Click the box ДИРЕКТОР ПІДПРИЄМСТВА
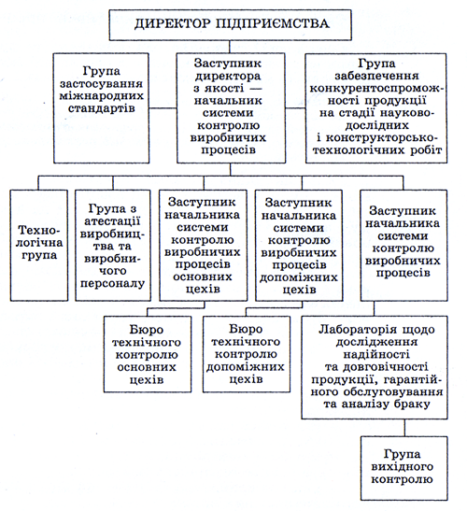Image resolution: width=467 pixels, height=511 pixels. [x=230, y=25]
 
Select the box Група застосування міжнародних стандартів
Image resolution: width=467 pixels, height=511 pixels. [x=102, y=108]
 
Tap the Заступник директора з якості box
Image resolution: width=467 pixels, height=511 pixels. [x=231, y=108]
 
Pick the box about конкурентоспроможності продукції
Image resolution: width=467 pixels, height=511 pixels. [x=376, y=108]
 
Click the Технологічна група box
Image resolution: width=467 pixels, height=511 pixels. [x=39, y=246]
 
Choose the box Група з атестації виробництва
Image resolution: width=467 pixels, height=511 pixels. [x=113, y=246]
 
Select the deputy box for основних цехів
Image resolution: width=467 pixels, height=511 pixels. [x=203, y=246]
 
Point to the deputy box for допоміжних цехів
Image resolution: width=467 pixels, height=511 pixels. [x=299, y=246]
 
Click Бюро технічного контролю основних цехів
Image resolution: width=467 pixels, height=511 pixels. [x=148, y=354]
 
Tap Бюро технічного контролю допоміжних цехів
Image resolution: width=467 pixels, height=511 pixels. [x=247, y=354]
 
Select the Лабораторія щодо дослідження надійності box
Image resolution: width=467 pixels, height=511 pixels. [x=375, y=367]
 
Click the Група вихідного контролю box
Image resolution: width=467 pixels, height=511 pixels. [x=404, y=468]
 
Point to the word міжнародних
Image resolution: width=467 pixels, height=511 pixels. [x=102, y=96]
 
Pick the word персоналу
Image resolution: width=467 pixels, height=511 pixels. [x=112, y=284]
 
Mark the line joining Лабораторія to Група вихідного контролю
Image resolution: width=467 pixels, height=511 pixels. [x=404, y=428]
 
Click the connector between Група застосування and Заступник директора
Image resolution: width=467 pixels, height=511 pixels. [x=163, y=108]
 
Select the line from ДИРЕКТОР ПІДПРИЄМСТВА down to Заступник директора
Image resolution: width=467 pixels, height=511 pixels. [x=230, y=47]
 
